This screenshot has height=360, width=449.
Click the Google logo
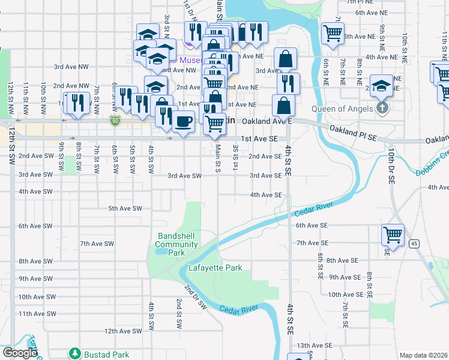click(19, 353)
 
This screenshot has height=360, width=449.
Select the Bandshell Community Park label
click(176, 244)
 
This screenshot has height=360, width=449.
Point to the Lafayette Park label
click(215, 268)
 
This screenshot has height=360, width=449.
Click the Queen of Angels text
click(342, 109)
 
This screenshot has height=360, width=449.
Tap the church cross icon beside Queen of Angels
click(380, 109)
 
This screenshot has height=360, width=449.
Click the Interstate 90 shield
click(115, 121)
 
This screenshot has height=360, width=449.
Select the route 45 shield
click(414, 243)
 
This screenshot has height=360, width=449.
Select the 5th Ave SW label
click(125, 208)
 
